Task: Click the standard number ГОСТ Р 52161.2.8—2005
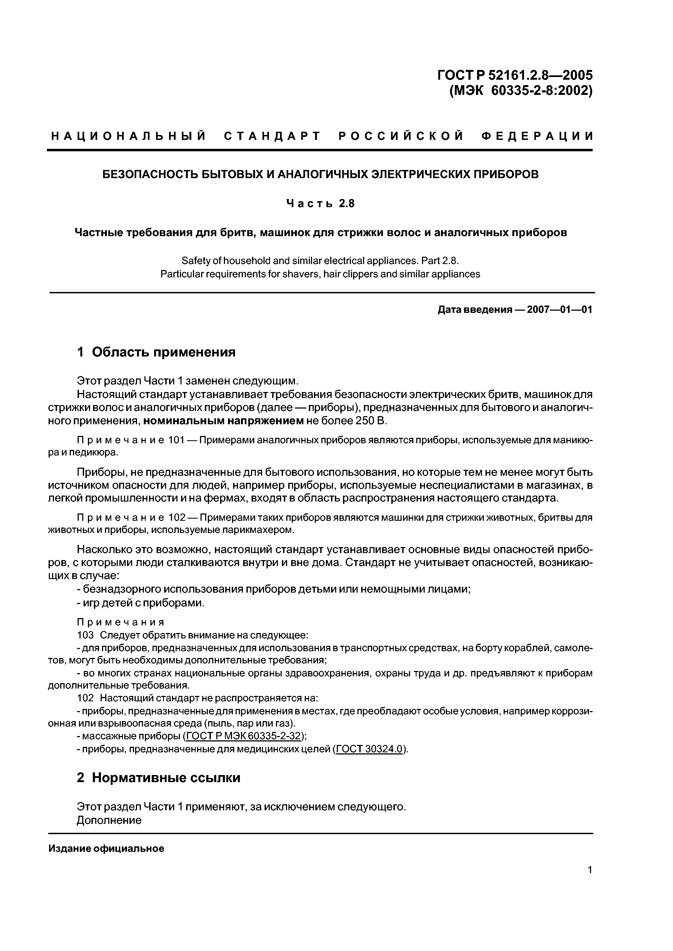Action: point(515,75)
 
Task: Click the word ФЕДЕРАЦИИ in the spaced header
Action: point(537,136)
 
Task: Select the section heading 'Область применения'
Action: point(163,352)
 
